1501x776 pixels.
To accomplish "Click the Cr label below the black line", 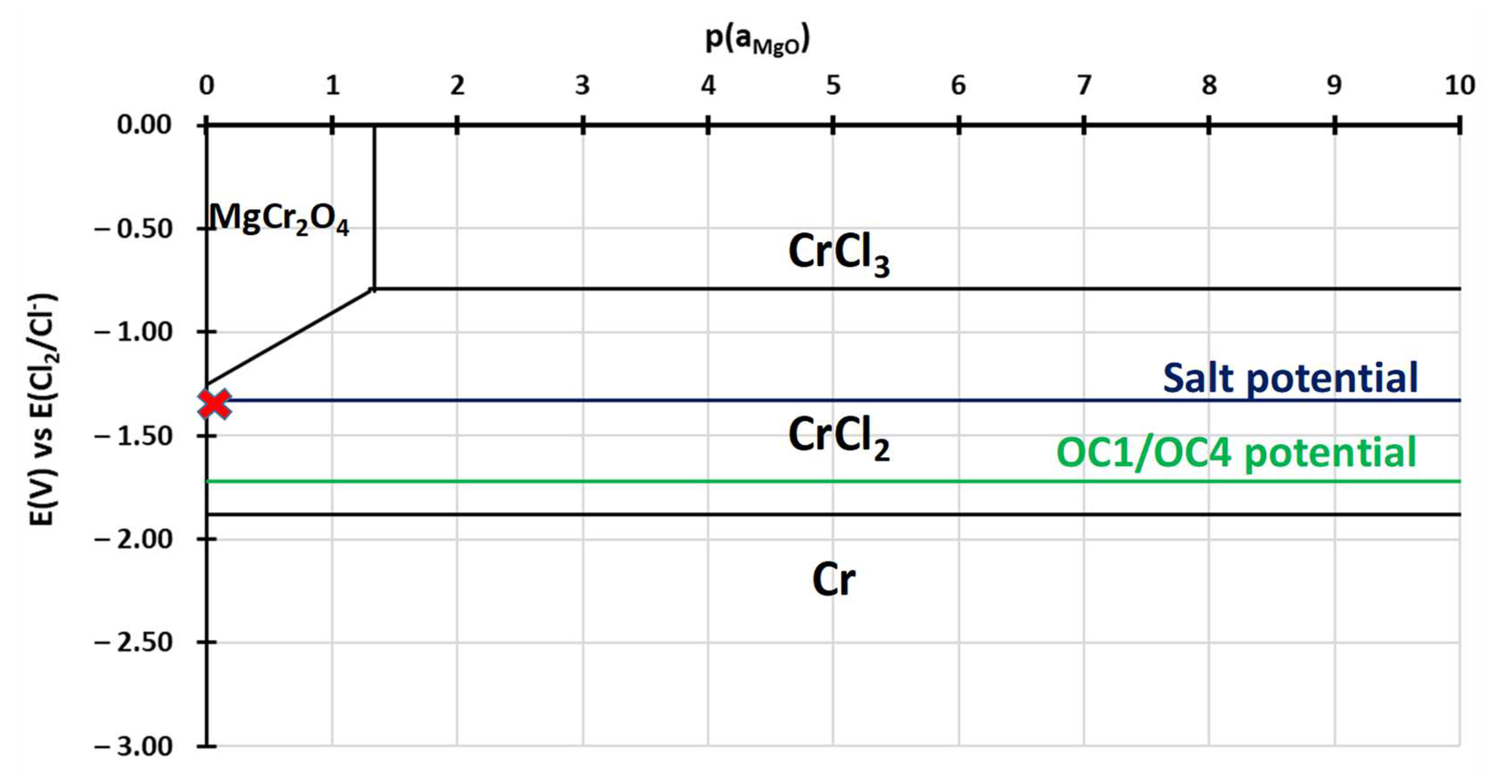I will (x=834, y=580).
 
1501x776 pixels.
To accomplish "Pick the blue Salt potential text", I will (x=1290, y=379).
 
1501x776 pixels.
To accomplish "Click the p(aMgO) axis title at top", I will (x=757, y=40).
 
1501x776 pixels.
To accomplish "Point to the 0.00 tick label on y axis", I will (x=144, y=125).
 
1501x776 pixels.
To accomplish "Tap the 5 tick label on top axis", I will (x=833, y=86).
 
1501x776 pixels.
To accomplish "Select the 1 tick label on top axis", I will (x=332, y=86).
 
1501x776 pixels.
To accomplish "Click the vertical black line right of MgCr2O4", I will (x=374, y=204).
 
